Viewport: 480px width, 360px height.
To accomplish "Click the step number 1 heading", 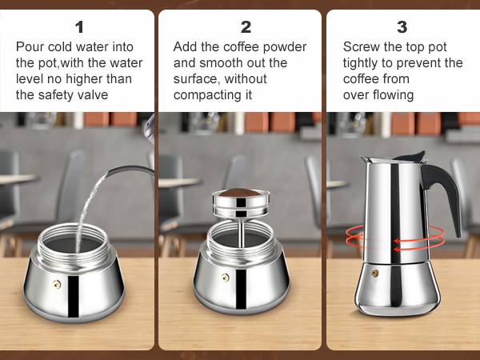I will coord(78,27).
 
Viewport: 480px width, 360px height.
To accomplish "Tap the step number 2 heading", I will coord(246,27).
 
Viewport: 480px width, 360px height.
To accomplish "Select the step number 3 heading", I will coord(402,27).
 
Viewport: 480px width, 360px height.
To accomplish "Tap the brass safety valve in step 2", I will coord(225,278).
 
